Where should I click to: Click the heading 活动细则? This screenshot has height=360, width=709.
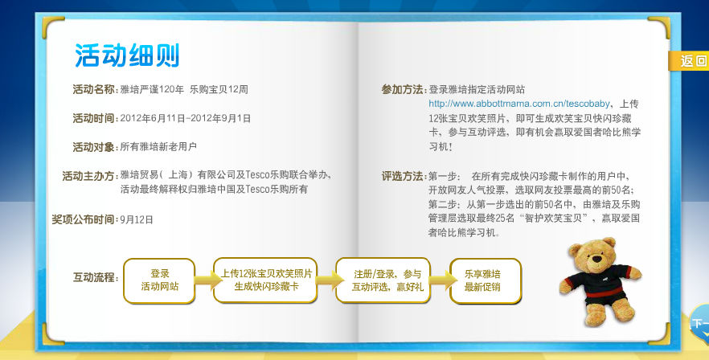tap(127, 55)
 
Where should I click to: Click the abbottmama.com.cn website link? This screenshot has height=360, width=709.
tap(519, 104)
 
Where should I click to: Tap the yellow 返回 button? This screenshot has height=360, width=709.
tap(689, 60)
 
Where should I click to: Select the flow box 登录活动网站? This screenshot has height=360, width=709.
tap(159, 280)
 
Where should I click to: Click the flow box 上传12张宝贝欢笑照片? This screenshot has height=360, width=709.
tap(265, 280)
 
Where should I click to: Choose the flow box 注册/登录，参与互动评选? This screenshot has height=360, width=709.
tap(383, 280)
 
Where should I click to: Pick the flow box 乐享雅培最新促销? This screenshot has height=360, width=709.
tap(486, 280)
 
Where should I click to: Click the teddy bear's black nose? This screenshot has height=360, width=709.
tap(596, 259)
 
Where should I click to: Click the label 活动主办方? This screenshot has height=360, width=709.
tap(89, 175)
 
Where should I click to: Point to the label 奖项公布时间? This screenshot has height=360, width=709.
tap(84, 219)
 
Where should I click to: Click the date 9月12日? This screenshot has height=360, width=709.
tap(137, 220)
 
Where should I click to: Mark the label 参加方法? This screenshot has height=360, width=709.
tap(404, 89)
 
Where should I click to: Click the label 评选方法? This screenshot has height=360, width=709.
tap(404, 176)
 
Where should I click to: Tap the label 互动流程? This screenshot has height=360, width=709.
tap(95, 277)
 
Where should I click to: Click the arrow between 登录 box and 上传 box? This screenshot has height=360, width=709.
tap(205, 280)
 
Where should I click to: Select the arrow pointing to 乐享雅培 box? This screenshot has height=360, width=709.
tap(441, 280)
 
